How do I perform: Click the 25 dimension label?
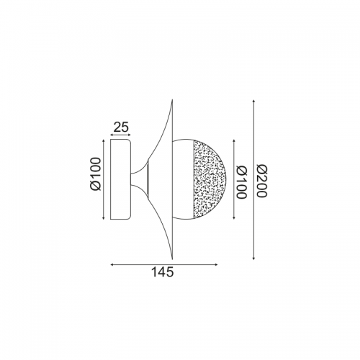click(121, 127)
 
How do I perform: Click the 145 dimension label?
click(163, 272)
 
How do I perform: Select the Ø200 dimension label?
click(261, 181)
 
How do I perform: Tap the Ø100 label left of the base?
click(96, 174)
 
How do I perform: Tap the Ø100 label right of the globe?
click(241, 182)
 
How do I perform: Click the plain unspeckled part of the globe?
click(183, 179)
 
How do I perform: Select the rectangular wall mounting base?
click(120, 179)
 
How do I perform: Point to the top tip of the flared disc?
click(172, 100)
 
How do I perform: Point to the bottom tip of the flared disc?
click(172, 259)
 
